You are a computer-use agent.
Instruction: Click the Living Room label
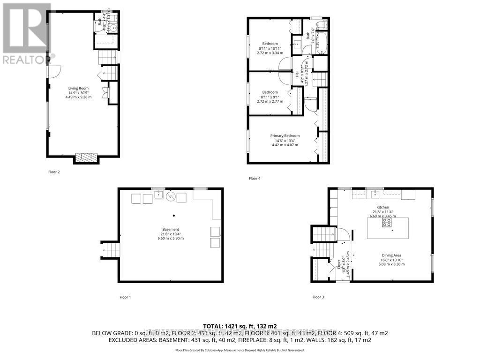coord(78,88)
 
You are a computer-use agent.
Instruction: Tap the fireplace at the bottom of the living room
coord(87,157)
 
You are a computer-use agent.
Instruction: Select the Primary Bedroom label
coord(285,136)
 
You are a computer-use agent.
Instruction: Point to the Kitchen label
coord(383,207)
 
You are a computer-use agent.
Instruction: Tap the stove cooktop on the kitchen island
coord(387,223)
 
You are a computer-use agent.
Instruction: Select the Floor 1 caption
coord(125,297)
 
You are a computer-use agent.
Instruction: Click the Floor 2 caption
coord(54,172)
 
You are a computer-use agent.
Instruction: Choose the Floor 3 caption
coord(318,297)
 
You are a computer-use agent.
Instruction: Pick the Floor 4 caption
coord(255,179)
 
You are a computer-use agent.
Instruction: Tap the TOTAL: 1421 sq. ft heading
coord(240,326)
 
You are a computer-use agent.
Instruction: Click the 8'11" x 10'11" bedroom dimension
coord(270,48)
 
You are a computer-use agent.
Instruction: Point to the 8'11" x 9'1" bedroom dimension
coord(270,97)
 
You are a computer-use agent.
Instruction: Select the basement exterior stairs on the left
coord(111,249)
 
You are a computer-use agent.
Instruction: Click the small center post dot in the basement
coord(173,216)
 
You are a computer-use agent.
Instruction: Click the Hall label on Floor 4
coord(297,74)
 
